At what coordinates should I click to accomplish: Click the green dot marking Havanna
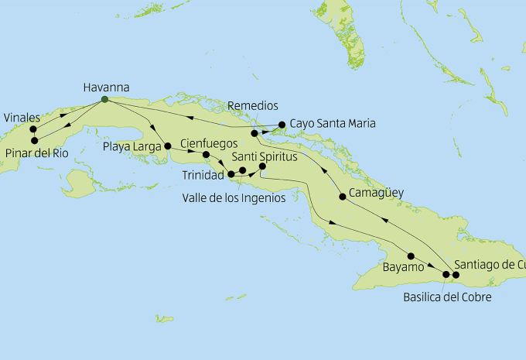tap(104, 99)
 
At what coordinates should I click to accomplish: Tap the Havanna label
tap(106, 87)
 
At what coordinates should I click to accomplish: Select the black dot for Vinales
tap(33, 129)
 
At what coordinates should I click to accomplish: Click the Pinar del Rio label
tap(36, 153)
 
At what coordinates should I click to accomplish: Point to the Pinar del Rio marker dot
tap(34, 140)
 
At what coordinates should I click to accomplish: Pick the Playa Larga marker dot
tap(168, 145)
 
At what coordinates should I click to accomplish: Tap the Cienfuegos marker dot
tap(206, 154)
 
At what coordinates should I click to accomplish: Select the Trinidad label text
tap(203, 176)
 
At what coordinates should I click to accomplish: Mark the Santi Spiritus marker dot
tap(262, 166)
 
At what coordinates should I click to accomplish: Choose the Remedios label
tap(253, 106)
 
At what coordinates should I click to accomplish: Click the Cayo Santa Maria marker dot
tap(282, 123)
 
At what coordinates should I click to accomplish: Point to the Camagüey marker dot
tap(343, 197)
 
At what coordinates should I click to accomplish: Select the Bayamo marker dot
tap(411, 256)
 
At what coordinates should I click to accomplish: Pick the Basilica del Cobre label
tap(447, 297)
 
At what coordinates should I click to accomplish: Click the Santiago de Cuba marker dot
tap(456, 275)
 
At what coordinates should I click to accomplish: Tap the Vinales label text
tap(22, 117)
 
